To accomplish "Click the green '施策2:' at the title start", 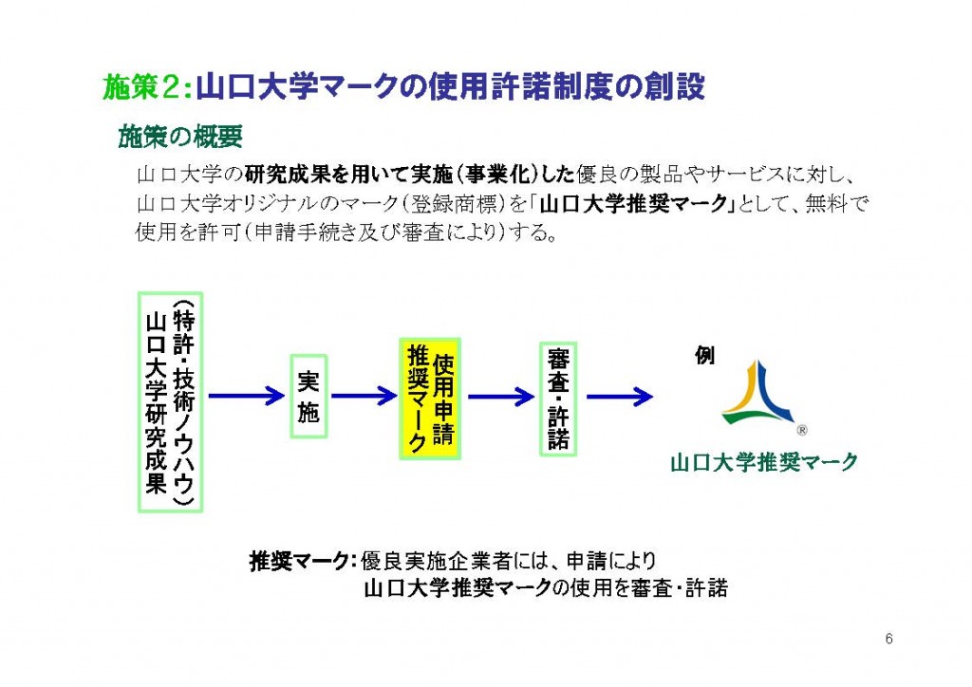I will point(147,87).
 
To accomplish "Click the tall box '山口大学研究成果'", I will point(171,401).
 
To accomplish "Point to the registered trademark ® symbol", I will point(801,428).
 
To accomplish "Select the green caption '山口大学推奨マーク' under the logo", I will point(763,462).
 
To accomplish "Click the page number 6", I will point(888,639).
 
